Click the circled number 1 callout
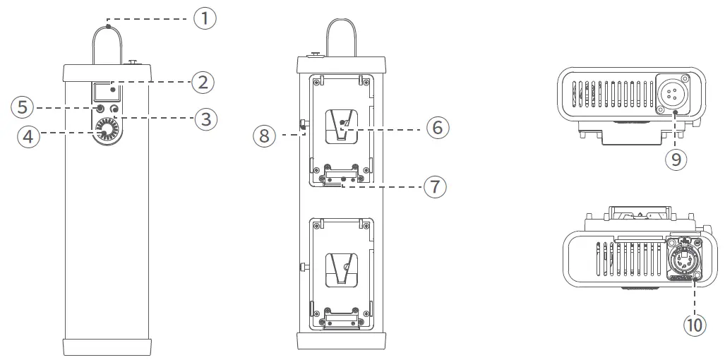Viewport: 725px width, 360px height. click(x=205, y=18)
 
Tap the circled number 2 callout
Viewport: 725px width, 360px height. click(x=203, y=82)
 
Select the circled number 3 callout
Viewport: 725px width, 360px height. click(x=205, y=119)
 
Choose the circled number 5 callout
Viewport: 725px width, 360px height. click(x=22, y=108)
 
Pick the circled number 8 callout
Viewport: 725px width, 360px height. click(x=265, y=135)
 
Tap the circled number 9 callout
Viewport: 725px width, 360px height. click(x=676, y=160)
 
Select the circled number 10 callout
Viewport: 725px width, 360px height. click(x=695, y=325)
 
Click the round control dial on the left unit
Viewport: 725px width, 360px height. click(x=107, y=132)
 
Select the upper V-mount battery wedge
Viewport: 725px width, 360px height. click(x=341, y=126)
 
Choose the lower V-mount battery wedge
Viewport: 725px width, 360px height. click(x=341, y=269)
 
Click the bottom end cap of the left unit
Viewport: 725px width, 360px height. click(x=107, y=347)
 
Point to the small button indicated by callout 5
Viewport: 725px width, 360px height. click(x=100, y=109)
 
